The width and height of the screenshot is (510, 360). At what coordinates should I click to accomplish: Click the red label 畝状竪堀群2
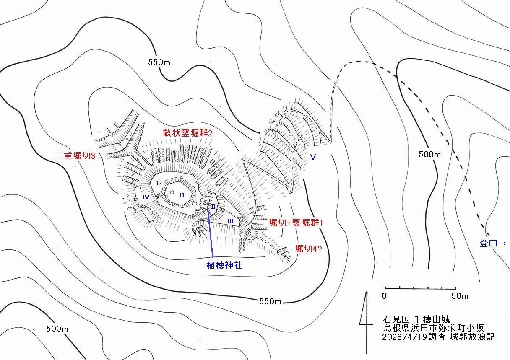click(x=187, y=133)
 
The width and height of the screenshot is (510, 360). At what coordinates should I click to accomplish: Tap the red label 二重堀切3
click(x=75, y=156)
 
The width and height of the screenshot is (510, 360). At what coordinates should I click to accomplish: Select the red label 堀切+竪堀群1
click(x=296, y=223)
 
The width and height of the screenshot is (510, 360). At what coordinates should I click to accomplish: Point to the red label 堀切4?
click(x=309, y=249)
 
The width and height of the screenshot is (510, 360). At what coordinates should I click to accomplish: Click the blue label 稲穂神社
click(x=224, y=265)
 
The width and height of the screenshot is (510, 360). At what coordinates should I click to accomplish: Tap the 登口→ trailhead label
click(x=493, y=243)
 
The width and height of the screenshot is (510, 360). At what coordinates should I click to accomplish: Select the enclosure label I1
click(x=182, y=195)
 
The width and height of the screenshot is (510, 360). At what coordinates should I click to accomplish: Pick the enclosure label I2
click(x=159, y=183)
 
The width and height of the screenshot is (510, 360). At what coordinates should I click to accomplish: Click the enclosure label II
click(x=213, y=206)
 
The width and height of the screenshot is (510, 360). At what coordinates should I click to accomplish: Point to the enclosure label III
click(x=230, y=221)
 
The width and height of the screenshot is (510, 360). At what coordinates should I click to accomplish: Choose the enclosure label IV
click(x=146, y=197)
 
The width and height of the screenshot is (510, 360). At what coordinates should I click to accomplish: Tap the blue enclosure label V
click(x=313, y=157)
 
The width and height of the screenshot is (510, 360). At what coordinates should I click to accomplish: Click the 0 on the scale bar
click(x=384, y=296)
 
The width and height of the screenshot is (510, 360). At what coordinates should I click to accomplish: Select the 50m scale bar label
click(x=460, y=296)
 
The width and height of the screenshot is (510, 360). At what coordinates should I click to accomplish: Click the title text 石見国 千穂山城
click(x=416, y=319)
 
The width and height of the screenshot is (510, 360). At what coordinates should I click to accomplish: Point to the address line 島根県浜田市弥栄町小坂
click(x=434, y=328)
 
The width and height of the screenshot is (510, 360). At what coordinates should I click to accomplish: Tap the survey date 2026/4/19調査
click(x=414, y=337)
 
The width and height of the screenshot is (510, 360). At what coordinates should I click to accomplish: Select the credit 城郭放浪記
click(x=472, y=337)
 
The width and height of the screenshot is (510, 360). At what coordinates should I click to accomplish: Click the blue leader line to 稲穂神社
click(x=210, y=232)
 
